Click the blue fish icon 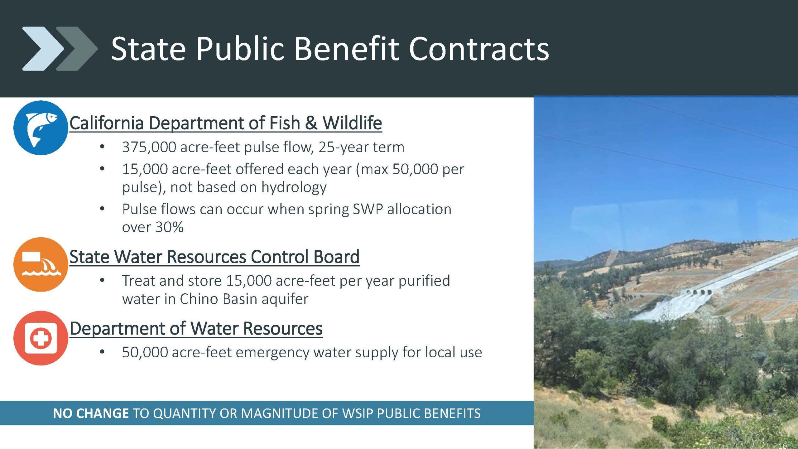[41, 128]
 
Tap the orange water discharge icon [41, 264]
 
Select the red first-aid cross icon [41, 338]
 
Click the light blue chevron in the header [43, 49]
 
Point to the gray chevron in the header [77, 49]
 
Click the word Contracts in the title [479, 49]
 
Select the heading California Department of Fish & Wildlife [226, 123]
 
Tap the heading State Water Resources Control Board [214, 257]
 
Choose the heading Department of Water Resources [196, 329]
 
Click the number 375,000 [149, 147]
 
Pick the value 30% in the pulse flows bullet [169, 227]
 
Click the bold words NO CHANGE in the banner [91, 413]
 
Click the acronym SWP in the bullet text [368, 209]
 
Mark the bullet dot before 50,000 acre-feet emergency [102, 352]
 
